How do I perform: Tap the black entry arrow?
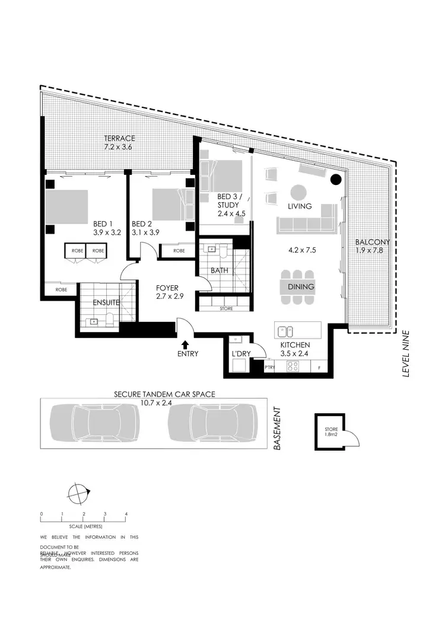pos(186,343)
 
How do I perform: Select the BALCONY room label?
pos(372,242)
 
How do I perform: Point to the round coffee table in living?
pos(299,193)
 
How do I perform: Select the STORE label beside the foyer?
pos(226,308)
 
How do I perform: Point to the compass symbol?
pos(78,492)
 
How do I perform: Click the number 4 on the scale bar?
pos(126,513)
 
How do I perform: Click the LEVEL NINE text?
pos(406,353)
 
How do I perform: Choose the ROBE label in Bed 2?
pos(179,251)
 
